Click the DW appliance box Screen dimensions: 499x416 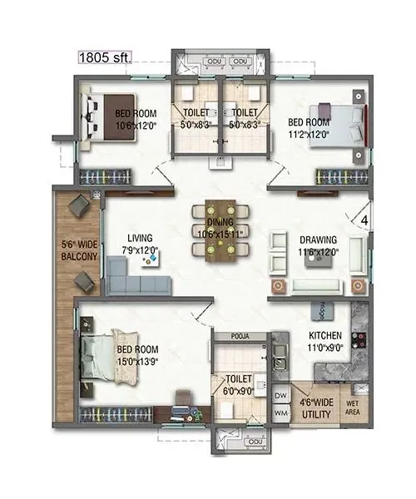tap(280, 395)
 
